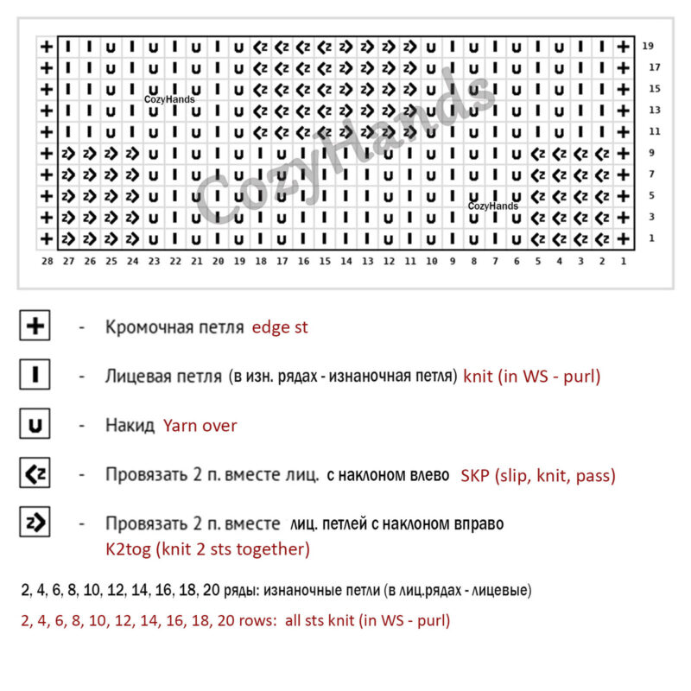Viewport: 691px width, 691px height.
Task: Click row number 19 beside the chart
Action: point(649,46)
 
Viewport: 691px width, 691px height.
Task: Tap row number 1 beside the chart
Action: point(652,238)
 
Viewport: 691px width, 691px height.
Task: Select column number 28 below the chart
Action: point(47,260)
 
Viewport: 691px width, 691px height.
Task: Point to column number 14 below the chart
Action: point(345,260)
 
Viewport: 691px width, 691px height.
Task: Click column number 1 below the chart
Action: point(623,260)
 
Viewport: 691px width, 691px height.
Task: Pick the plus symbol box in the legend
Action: point(35,326)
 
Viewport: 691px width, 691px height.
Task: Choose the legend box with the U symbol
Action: point(35,425)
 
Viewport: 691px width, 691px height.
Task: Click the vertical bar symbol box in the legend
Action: point(35,376)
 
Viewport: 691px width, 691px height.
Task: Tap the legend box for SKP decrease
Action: point(35,474)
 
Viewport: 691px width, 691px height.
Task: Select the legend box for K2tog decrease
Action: point(35,523)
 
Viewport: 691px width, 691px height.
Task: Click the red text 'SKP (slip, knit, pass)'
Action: point(537,475)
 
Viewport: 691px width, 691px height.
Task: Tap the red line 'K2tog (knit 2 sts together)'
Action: point(207,549)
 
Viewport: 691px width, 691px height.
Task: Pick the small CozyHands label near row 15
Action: point(169,99)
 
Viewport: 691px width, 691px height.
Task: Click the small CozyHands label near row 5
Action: point(493,206)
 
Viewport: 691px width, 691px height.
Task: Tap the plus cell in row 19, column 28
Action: point(47,47)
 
